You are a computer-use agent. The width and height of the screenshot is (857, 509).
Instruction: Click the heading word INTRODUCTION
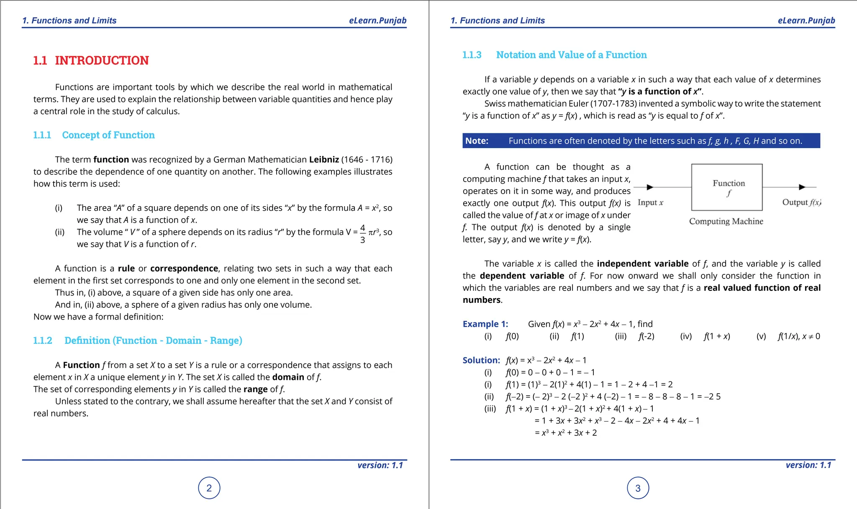(102, 61)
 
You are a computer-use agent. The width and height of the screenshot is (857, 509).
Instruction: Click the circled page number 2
(209, 488)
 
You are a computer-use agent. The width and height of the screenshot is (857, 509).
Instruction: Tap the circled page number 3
(638, 488)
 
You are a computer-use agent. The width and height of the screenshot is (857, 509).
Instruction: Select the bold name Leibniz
(324, 159)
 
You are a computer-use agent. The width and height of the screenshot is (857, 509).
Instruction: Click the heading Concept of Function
(108, 135)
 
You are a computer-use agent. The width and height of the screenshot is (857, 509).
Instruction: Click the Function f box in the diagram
(727, 187)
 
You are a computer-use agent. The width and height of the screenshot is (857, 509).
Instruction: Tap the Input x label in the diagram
(650, 203)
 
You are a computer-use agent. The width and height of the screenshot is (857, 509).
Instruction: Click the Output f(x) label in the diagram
(801, 202)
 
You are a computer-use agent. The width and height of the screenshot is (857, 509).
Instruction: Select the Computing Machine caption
(726, 221)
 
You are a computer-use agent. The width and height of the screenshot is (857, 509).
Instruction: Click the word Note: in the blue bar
(477, 141)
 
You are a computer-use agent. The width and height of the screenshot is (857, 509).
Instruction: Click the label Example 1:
(485, 324)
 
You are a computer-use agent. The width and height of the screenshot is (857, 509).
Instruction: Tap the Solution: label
(481, 360)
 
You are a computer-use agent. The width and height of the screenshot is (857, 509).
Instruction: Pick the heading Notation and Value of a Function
(571, 55)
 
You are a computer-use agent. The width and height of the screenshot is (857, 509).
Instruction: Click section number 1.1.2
(43, 340)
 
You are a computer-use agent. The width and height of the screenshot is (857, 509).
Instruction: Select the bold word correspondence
(184, 269)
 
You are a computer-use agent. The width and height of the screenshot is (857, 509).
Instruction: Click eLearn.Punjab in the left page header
(377, 20)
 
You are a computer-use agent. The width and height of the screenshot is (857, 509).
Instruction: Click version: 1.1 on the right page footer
(808, 465)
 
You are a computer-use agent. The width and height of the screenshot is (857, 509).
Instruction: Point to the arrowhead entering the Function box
(650, 187)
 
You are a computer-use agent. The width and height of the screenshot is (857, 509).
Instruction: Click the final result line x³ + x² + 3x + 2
(566, 433)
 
